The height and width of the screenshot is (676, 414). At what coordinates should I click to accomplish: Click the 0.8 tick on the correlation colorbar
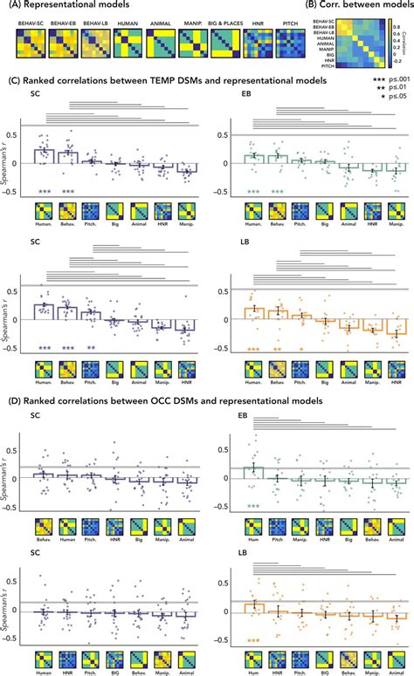395,26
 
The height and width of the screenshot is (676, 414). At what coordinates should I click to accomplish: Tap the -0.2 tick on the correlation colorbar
395,61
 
